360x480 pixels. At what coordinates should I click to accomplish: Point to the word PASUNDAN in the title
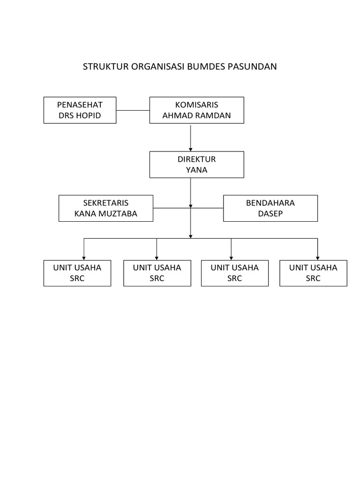253,67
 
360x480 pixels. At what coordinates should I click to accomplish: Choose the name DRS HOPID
80,115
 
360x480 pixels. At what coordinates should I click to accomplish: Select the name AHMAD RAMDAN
196,115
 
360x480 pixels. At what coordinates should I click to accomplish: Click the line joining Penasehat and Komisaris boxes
133,111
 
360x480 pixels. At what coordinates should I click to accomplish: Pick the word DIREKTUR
196,159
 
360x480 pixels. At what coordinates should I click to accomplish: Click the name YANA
196,170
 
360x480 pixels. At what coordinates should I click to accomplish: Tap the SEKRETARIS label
105,202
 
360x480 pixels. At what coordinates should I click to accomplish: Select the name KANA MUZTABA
105,213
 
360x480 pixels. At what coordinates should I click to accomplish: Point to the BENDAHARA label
270,202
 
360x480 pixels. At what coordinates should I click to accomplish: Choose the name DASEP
270,213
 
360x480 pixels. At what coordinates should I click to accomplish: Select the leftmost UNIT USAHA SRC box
77,273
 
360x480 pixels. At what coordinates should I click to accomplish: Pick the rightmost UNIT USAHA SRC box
313,273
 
